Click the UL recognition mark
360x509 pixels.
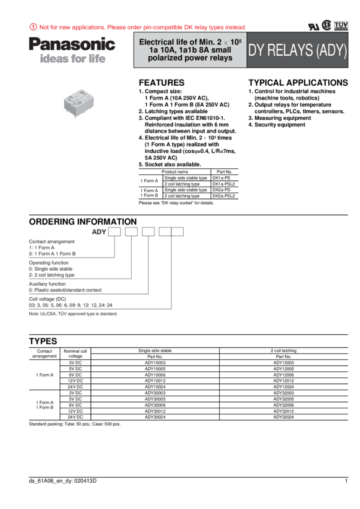click(x=313, y=26)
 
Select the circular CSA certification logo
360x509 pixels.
click(x=326, y=25)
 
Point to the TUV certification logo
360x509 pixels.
click(x=341, y=25)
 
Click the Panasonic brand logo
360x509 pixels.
click(x=72, y=44)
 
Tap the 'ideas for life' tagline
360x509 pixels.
click(x=72, y=59)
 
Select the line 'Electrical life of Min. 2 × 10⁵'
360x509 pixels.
click(x=190, y=43)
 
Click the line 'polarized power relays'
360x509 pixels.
click(x=190, y=58)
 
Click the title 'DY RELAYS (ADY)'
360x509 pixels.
click(x=298, y=50)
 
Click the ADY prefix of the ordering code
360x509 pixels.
click(x=99, y=232)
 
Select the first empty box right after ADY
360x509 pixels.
click(x=114, y=232)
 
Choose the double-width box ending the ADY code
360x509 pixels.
click(x=171, y=232)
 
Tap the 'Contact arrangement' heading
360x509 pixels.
click(x=52, y=241)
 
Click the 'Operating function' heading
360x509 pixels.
click(x=49, y=262)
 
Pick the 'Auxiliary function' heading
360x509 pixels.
click(x=49, y=283)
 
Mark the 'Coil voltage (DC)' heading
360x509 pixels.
click(x=47, y=298)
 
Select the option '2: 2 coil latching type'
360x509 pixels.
click(x=52, y=275)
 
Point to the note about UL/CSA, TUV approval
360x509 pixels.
click(x=73, y=314)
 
